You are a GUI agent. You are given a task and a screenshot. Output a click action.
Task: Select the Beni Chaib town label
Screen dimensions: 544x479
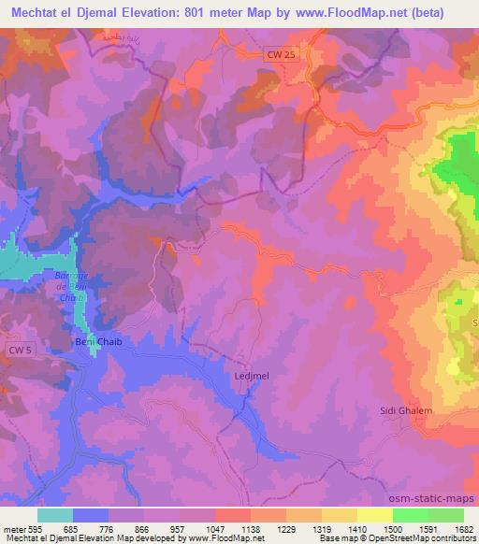[98, 342]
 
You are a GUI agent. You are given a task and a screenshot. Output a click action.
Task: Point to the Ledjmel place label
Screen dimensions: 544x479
[250, 376]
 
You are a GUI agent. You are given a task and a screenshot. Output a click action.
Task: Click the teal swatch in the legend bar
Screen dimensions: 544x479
[55, 514]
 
